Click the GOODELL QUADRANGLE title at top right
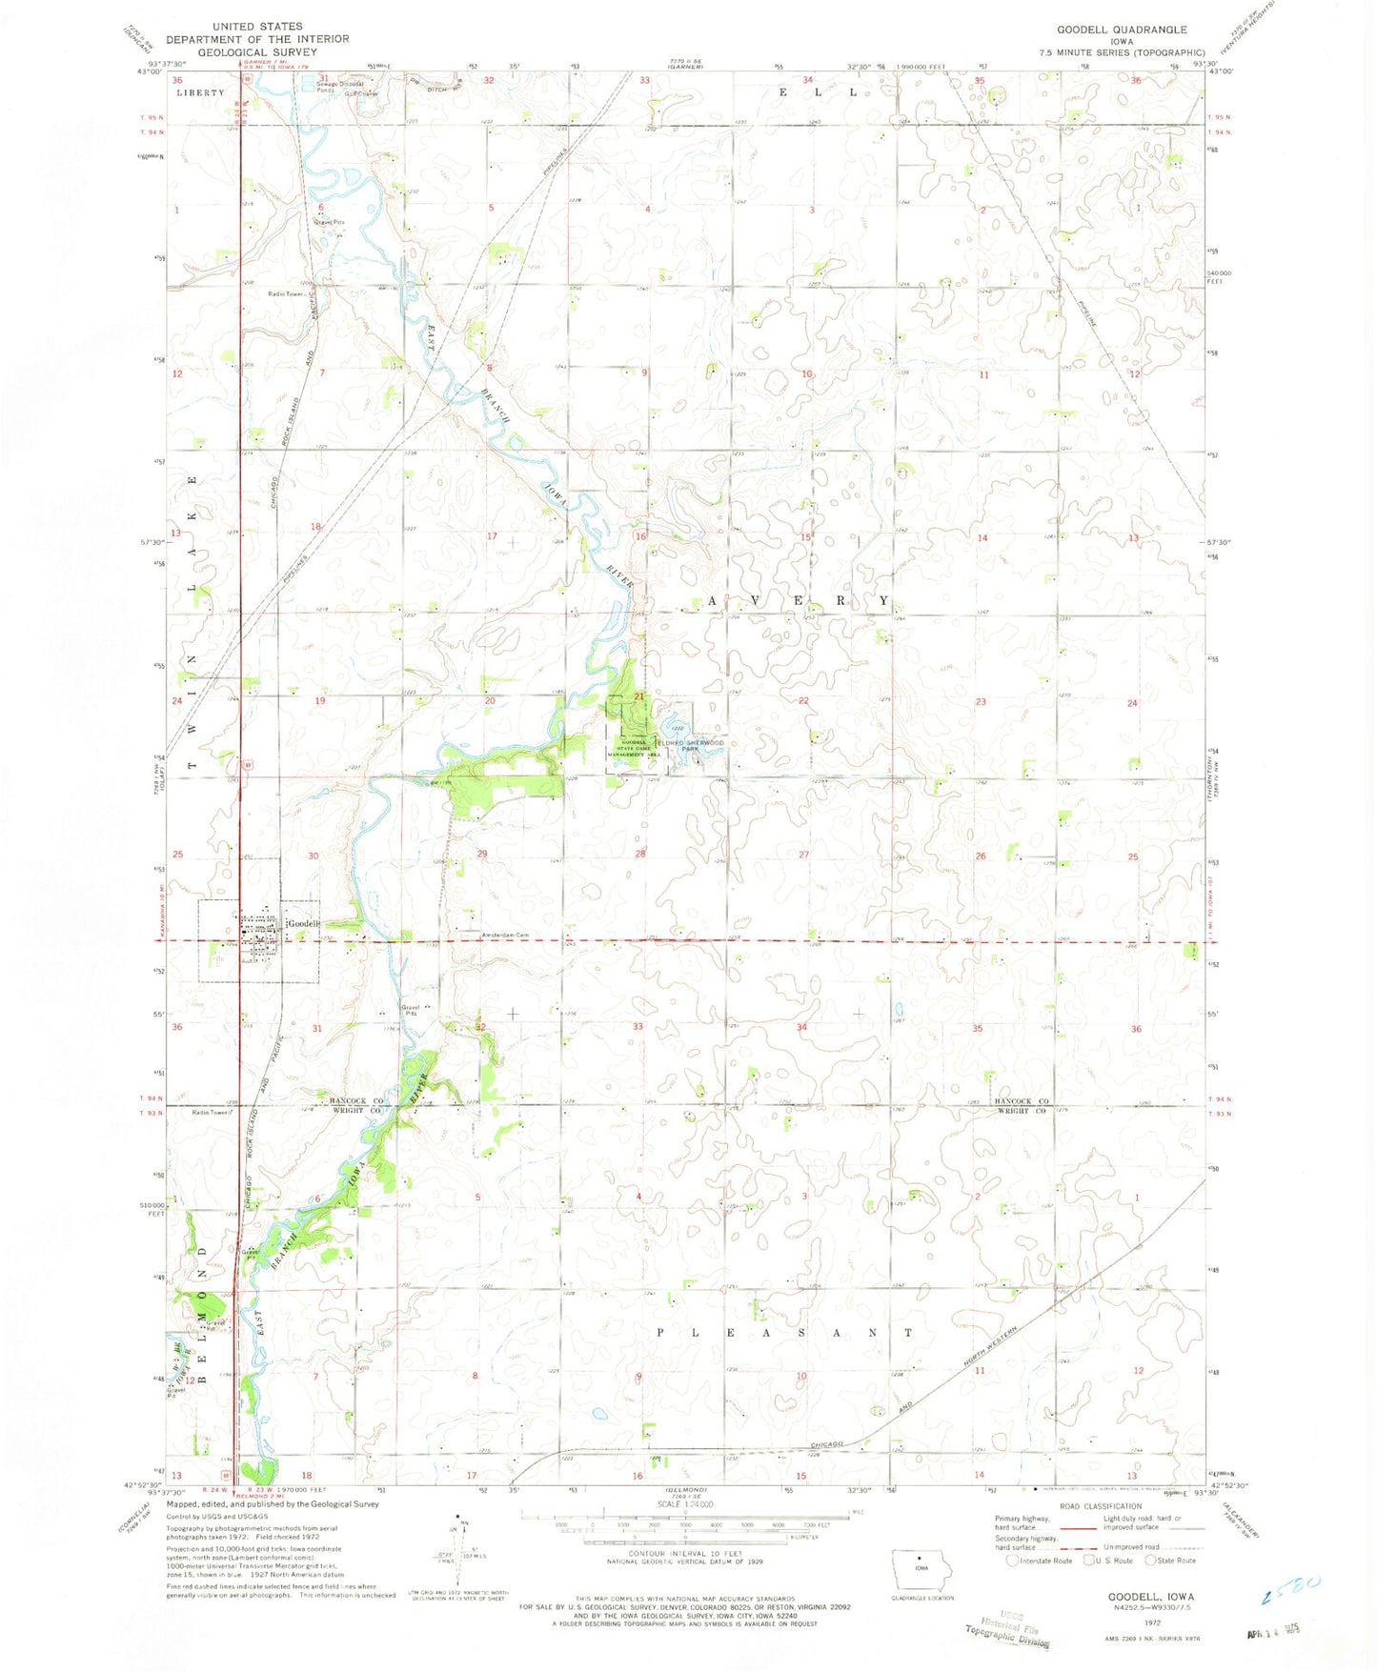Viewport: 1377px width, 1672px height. [1122, 30]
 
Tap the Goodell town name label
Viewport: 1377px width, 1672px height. [303, 923]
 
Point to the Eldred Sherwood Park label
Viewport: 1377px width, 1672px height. [690, 745]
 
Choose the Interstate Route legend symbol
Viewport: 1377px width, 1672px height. [1013, 1561]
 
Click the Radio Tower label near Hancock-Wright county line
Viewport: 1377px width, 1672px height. [212, 1112]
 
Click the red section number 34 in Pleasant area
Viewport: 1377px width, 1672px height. [801, 1027]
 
